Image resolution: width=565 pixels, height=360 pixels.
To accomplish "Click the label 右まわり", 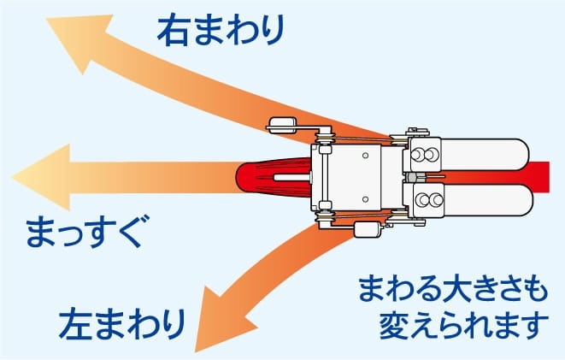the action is pyautogui.click(x=221, y=30).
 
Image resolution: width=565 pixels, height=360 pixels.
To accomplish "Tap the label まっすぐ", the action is pyautogui.click(x=87, y=232).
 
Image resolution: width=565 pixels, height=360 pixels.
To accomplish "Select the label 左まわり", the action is pyautogui.click(x=122, y=323).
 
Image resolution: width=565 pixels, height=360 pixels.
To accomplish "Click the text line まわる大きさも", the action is pyautogui.click(x=453, y=289).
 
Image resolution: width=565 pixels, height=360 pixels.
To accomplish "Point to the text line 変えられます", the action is pyautogui.click(x=463, y=325).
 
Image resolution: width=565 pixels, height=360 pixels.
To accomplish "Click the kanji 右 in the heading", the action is pyautogui.click(x=173, y=30).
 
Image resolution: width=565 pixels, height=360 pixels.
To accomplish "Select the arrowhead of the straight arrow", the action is pyautogui.click(x=41, y=177).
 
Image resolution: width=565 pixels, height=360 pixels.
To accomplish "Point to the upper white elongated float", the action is pyautogui.click(x=484, y=155).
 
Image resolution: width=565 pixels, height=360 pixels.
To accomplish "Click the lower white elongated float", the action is pyautogui.click(x=487, y=201).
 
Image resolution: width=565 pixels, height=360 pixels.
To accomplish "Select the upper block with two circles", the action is pyautogui.click(x=424, y=155).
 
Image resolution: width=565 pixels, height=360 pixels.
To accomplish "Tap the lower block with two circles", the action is pyautogui.click(x=427, y=200).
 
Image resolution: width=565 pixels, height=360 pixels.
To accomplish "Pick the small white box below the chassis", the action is pyautogui.click(x=368, y=229).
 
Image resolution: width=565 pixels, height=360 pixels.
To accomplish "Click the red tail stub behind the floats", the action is pyautogui.click(x=539, y=177).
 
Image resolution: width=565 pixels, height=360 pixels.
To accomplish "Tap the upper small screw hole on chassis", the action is pyautogui.click(x=365, y=156).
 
